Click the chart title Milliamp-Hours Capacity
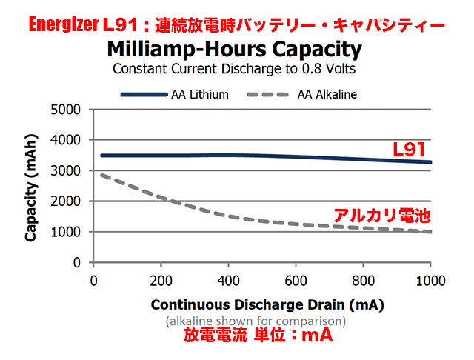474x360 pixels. tap(235, 50)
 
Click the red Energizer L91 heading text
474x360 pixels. tap(237, 24)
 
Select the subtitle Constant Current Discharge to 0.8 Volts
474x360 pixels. tap(235, 69)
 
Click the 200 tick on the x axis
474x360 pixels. tap(161, 281)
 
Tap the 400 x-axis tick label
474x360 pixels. tap(228, 281)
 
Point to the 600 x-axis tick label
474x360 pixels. tap(296, 281)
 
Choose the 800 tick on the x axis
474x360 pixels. tap(363, 281)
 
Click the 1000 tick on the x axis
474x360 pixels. tap(430, 281)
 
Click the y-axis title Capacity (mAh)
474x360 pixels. tap(31, 189)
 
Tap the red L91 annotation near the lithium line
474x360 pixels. tap(409, 151)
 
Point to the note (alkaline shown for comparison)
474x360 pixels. tap(256, 321)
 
